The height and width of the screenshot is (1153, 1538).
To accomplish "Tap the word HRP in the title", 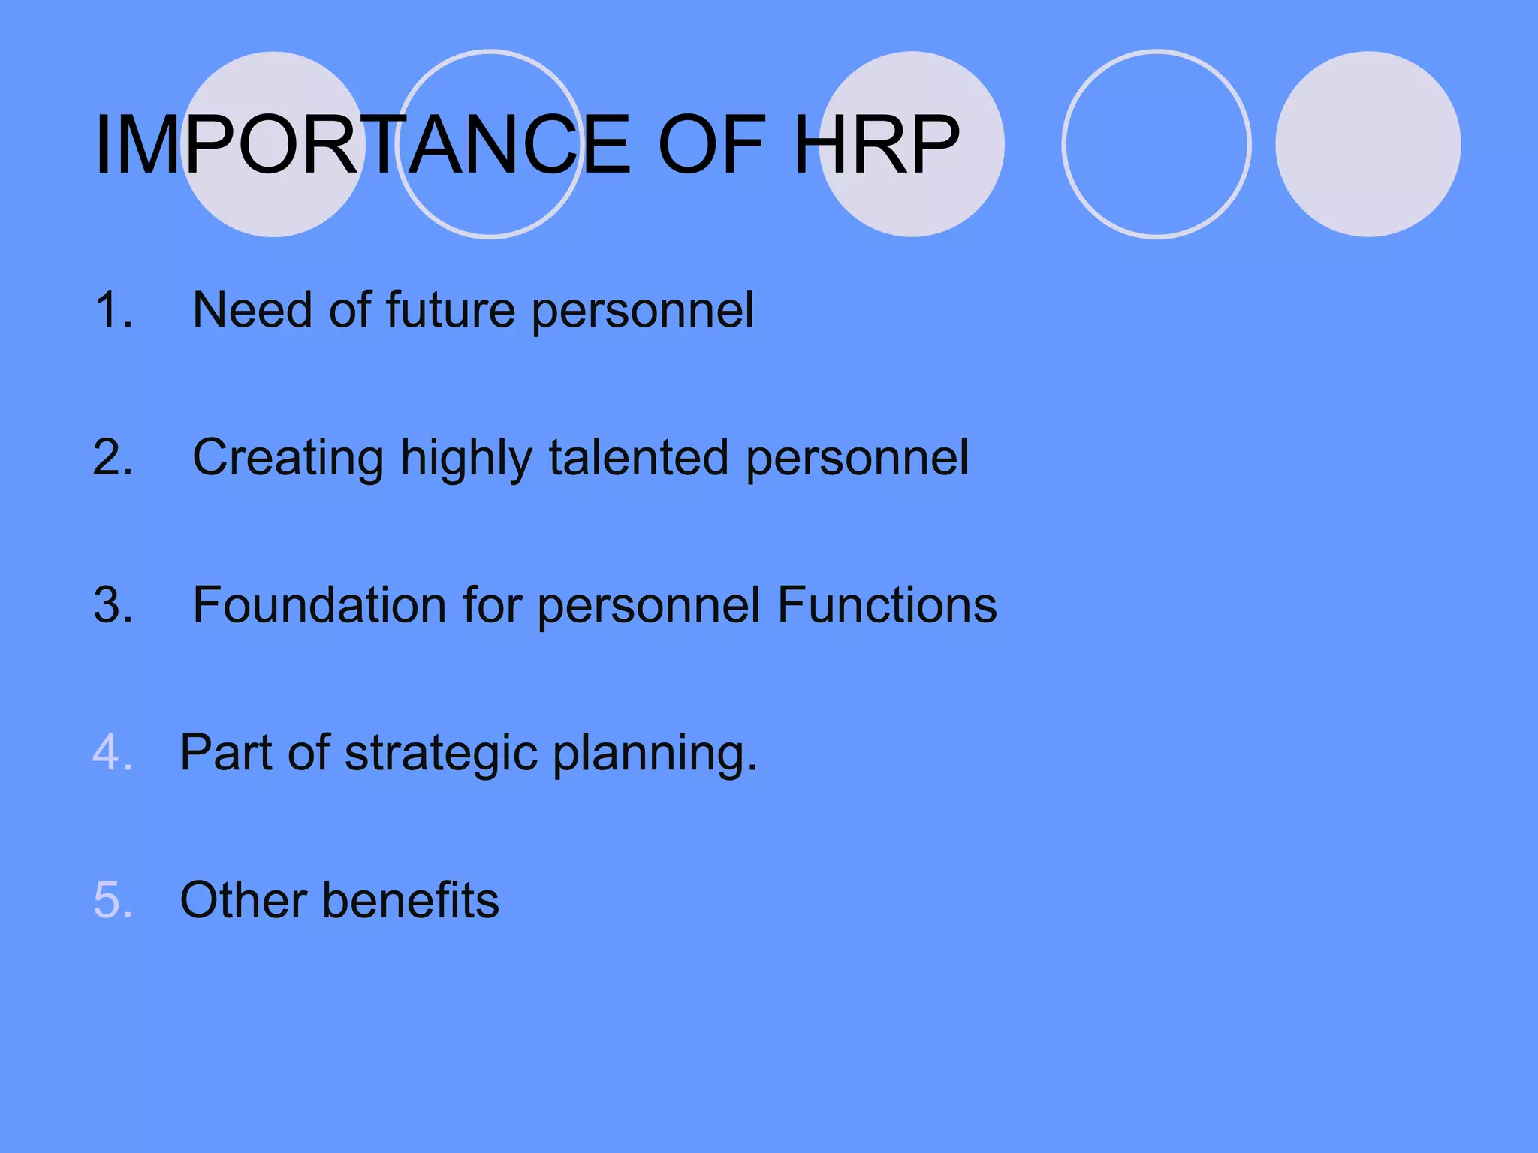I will coord(876,145).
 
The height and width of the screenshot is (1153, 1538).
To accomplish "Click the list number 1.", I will coord(113,309).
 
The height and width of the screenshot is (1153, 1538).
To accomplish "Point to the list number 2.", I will coord(113,457).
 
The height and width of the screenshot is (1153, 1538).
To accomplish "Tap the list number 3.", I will coord(113,605).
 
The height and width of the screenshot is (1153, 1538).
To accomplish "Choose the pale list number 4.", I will coord(113,752).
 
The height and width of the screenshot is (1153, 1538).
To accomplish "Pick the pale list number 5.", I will coord(113,900).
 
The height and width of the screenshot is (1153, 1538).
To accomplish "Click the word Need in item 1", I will coord(252,309).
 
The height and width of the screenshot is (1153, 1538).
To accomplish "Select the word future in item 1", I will coord(451,309).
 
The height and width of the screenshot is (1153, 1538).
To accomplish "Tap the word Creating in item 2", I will coord(288,458).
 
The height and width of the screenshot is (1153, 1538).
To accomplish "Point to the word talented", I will coord(638,457).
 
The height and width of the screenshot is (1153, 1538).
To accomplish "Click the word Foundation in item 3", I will coord(319,605).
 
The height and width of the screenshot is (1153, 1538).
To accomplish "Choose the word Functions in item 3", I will coord(887,605).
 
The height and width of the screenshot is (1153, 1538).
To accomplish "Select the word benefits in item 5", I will coord(411,900).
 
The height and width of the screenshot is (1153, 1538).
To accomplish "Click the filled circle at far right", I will coord(1368,144).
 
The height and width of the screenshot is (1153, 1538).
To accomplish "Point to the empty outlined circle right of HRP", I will coord(1157,144).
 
